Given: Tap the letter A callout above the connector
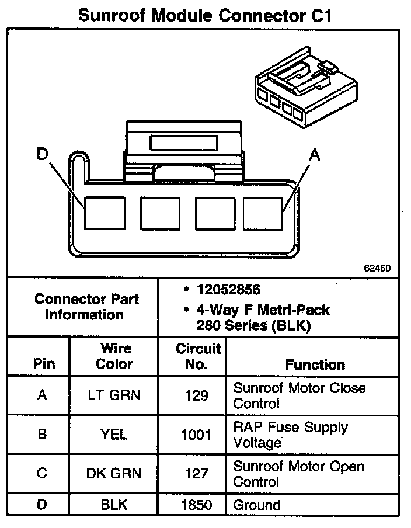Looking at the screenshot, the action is (x=315, y=155).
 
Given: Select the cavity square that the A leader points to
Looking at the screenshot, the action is (x=263, y=213).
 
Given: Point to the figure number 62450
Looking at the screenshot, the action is (x=377, y=268).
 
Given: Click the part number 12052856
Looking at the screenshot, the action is (x=228, y=290).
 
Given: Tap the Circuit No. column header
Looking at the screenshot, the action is (x=198, y=356).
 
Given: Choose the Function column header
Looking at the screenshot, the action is (x=315, y=364).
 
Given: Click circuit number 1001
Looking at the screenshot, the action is (x=196, y=435).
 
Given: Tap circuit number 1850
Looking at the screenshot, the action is (x=196, y=505).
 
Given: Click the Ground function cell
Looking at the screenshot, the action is (x=257, y=505).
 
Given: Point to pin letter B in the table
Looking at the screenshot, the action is (x=41, y=435).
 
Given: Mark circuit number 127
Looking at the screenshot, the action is (x=196, y=474).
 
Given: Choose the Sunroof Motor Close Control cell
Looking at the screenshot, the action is (x=299, y=395).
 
